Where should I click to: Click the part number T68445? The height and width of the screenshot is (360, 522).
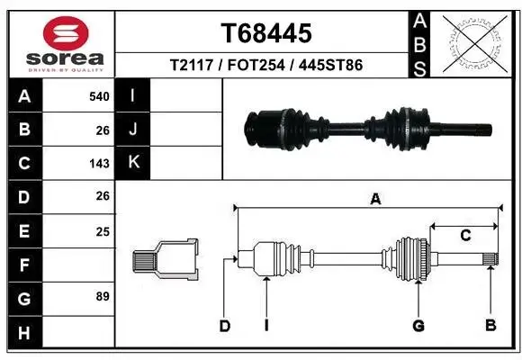click(x=266, y=33)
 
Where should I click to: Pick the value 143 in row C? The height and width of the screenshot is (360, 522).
click(x=99, y=164)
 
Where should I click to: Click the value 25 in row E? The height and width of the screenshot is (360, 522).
click(x=102, y=230)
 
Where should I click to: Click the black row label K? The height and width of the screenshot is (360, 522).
click(x=133, y=163)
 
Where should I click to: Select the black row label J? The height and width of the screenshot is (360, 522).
click(x=133, y=130)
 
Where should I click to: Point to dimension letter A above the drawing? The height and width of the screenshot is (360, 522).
click(x=375, y=200)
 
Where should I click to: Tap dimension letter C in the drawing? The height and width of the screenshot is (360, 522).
click(x=465, y=236)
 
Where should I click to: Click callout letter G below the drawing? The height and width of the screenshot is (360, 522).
click(x=418, y=324)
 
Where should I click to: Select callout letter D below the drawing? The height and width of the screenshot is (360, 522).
click(x=225, y=324)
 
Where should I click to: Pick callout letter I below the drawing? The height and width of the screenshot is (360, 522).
click(x=267, y=324)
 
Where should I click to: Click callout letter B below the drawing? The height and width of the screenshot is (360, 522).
click(x=490, y=324)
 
